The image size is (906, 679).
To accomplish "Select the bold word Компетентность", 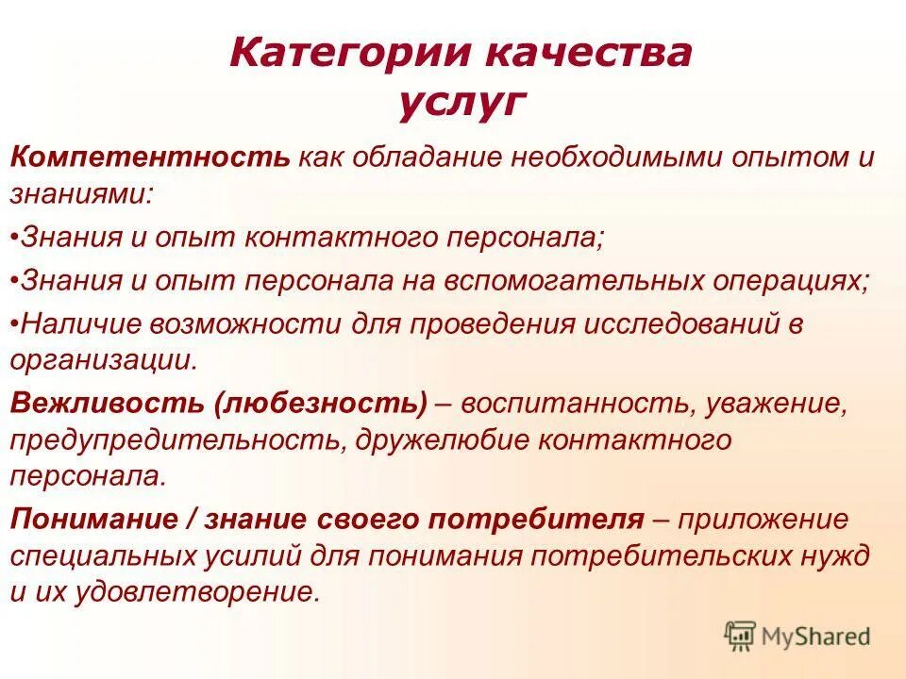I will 150,157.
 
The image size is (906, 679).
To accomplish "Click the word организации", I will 104,360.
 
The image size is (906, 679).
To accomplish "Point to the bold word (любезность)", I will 320,404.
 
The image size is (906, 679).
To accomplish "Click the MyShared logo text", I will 817,637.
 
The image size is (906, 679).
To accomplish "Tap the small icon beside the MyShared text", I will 741,637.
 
